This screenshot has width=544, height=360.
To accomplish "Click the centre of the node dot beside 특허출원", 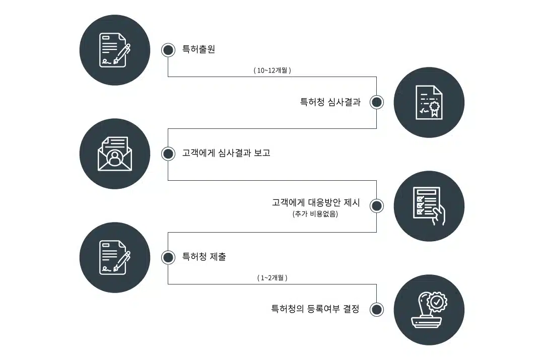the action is pos(168,50).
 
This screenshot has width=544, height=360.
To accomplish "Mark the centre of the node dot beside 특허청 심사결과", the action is pos(376,102).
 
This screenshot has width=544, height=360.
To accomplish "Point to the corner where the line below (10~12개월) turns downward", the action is pos(376,77).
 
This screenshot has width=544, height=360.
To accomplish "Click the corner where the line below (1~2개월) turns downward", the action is pos(376,284).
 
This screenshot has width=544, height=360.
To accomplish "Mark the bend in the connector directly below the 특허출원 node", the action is pos(168,77).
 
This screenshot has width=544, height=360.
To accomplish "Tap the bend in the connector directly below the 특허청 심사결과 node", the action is pos(376,129).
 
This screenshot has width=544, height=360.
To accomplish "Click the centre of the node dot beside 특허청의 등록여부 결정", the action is pos(376,310).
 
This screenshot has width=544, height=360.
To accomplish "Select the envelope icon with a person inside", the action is pos(115,154).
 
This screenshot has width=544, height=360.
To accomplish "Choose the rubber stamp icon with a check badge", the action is pos(429,310).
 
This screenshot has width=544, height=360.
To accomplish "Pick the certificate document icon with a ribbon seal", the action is pos(429,102).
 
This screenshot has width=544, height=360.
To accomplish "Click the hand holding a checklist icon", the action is pos(429,206).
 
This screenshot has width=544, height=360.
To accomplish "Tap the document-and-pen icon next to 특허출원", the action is pos(115,50).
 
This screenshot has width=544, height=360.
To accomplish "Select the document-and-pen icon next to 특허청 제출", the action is pos(115,257).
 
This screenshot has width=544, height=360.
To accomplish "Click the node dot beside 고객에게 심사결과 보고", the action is pos(168,154).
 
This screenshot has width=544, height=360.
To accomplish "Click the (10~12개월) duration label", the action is pos(273,70).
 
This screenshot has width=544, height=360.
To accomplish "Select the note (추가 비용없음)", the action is pos(315,213).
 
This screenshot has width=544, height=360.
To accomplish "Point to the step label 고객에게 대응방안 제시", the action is pos(316,202).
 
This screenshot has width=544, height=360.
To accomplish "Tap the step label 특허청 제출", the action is pos(205,257).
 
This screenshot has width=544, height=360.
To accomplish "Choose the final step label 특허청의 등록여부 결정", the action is pos(315,309).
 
